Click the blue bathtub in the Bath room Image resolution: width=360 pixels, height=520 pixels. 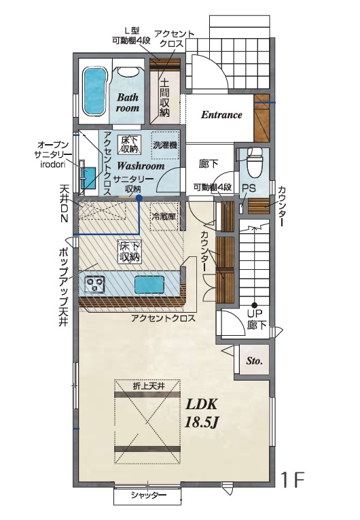(95, 91)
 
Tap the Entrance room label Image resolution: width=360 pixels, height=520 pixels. (221, 115)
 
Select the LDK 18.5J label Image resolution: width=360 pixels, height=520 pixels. (201, 413)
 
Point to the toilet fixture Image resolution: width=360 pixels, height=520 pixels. (255, 162)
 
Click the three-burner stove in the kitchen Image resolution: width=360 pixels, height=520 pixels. (94, 284)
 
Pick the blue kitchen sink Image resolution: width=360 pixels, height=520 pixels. (149, 284)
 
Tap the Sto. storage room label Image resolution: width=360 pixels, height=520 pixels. (254, 360)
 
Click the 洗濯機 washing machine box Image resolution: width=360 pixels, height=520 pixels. (165, 145)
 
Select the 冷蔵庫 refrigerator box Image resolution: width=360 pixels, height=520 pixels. (164, 217)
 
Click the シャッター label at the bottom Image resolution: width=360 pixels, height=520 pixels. (148, 495)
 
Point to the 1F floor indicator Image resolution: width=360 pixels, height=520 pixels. (293, 479)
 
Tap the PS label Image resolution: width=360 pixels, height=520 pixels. (249, 188)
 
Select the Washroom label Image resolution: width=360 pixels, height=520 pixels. (141, 165)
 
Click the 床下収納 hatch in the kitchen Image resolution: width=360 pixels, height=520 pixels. (130, 252)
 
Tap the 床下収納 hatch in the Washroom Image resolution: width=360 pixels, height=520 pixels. (129, 144)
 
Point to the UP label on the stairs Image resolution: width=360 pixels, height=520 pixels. (255, 313)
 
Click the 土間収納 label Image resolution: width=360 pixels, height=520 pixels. (164, 97)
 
